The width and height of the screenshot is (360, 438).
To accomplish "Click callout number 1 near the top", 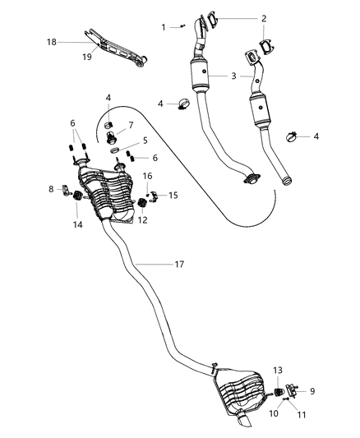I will pos(164,27).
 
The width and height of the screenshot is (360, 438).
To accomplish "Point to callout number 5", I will pos(145,141).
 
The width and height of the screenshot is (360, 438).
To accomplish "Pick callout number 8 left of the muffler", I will pos(51,189).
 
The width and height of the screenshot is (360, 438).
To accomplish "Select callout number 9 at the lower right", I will pos(311,390).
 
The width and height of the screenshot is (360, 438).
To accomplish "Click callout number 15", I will pos(173,195).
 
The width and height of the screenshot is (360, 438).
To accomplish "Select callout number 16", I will pos(149,176).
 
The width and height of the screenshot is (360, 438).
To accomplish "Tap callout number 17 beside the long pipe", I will pos(179,265).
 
